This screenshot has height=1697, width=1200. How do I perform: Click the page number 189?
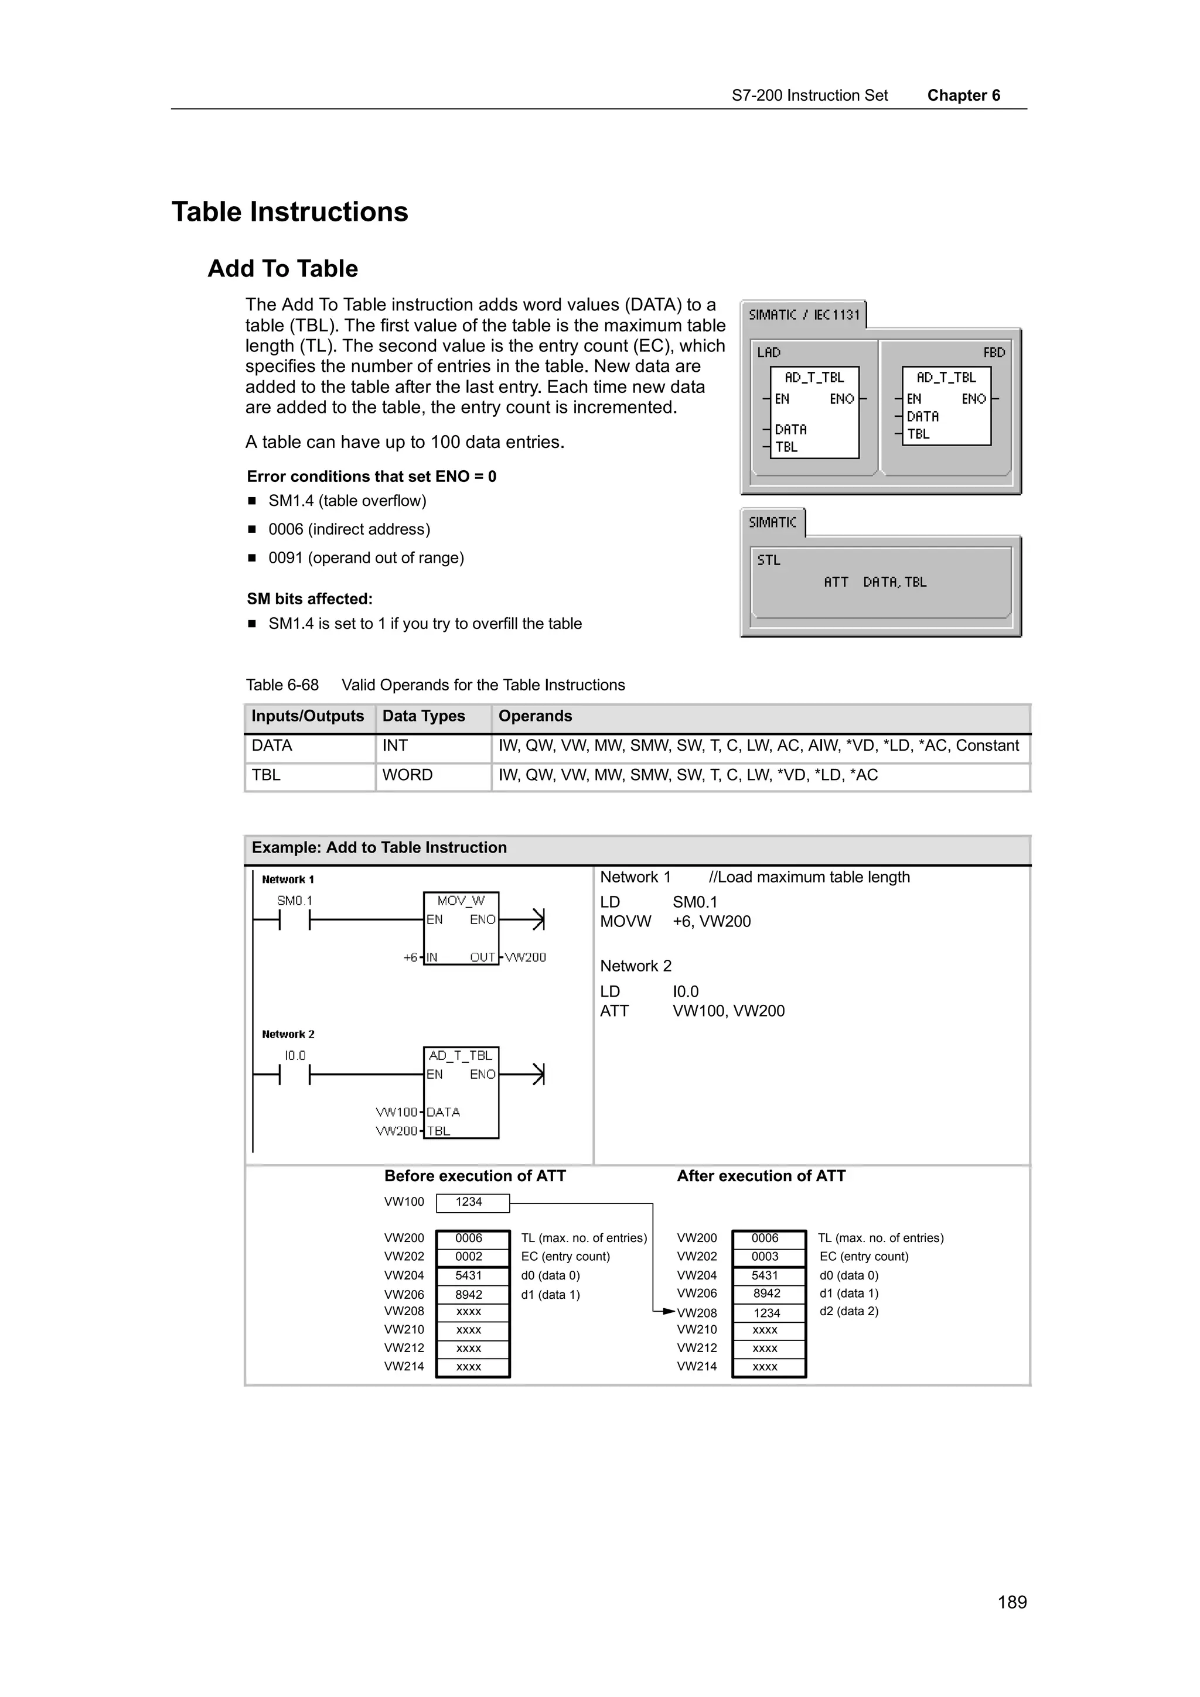click(x=1011, y=1602)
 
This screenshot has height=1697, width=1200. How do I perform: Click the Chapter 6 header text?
click(x=963, y=95)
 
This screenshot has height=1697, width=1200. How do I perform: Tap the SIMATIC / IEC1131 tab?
click(x=804, y=315)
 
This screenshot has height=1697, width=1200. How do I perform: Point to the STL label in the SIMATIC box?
click(x=768, y=560)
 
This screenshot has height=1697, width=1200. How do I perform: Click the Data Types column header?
click(x=423, y=716)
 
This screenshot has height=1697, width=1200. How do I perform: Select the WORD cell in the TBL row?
click(x=407, y=775)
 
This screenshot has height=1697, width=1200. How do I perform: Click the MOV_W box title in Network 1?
click(x=461, y=900)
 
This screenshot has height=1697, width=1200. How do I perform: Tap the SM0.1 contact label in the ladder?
click(x=294, y=900)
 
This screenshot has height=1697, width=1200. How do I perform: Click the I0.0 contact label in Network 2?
click(x=295, y=1055)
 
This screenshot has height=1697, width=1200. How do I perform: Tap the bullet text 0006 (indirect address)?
click(x=349, y=529)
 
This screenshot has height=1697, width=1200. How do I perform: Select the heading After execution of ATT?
click(x=761, y=1176)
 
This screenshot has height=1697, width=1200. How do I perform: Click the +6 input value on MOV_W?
click(x=410, y=957)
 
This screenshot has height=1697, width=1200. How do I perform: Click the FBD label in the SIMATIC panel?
click(x=993, y=353)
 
